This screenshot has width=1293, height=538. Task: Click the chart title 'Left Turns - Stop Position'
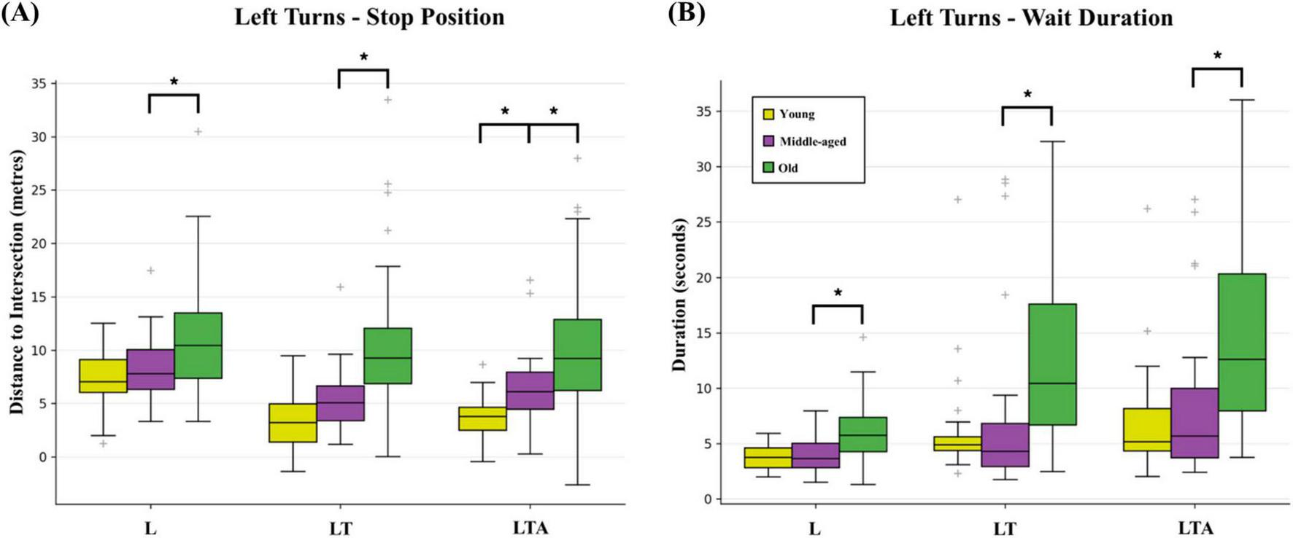[368, 17]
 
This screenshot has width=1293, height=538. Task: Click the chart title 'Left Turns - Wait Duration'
[1031, 17]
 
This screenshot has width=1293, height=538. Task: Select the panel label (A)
[20, 15]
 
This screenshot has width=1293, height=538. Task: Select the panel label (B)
[687, 15]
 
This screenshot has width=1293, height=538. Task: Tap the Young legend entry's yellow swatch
[768, 114]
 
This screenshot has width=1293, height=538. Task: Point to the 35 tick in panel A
[39, 84]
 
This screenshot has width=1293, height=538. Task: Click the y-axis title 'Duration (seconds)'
[679, 295]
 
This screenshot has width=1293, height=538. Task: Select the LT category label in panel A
[340, 527]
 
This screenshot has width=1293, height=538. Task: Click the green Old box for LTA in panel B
[1241, 342]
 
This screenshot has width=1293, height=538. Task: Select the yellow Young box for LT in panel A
[293, 423]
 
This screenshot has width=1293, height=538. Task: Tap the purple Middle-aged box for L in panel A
[150, 370]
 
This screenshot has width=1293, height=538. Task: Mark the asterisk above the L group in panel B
[838, 294]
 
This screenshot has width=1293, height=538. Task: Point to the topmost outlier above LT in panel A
[388, 100]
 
